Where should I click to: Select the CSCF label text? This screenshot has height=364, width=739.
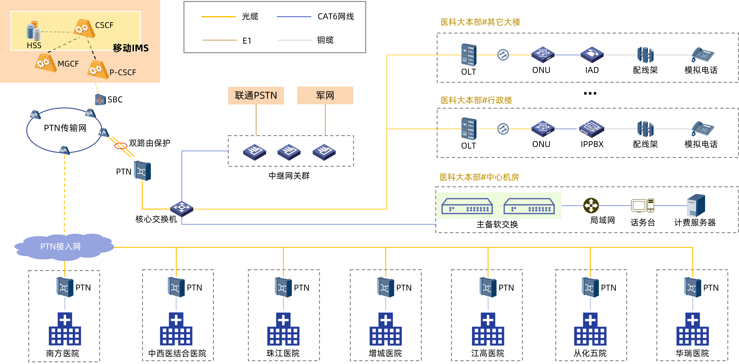[104, 25]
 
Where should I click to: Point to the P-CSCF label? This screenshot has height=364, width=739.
[123, 73]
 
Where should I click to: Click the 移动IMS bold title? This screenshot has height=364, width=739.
[131, 48]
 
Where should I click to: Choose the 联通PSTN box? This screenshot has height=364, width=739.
[256, 95]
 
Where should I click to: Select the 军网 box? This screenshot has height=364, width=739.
[325, 95]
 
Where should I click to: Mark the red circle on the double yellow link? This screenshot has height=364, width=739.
[121, 146]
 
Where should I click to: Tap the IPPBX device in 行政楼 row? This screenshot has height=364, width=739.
[591, 128]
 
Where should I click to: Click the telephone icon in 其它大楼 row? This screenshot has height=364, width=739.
[703, 55]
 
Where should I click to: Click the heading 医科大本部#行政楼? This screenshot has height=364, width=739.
[476, 100]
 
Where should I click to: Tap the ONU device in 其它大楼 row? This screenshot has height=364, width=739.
[543, 55]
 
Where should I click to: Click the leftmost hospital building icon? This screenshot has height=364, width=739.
[65, 329]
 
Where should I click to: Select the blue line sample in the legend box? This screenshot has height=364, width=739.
[294, 17]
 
